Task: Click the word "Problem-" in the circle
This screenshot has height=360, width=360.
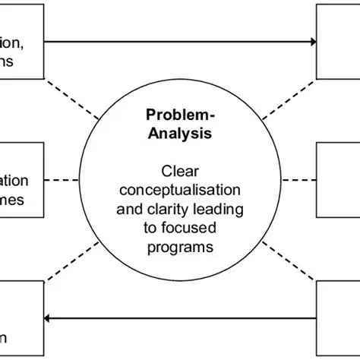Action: tap(180, 117)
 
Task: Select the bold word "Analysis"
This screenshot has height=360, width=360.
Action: tap(180, 134)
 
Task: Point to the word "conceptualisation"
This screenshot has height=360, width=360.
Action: tap(180, 189)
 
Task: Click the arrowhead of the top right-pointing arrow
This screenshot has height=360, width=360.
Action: tap(311, 42)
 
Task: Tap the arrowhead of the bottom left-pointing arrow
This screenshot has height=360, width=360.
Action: tap(49, 319)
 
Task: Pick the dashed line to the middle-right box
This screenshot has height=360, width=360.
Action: tap(297, 180)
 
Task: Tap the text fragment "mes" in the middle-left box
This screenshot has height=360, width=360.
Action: tap(14, 200)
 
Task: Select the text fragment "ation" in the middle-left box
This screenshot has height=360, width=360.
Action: tap(14, 182)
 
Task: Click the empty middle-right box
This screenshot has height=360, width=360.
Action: tap(338, 181)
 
